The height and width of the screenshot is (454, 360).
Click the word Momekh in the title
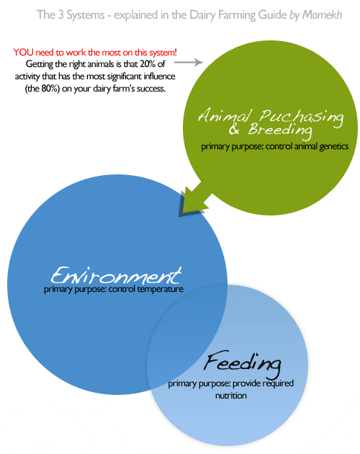(322, 14)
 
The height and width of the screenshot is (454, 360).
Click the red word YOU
(24, 52)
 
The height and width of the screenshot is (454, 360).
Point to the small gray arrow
(189, 62)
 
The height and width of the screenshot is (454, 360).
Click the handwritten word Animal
(225, 115)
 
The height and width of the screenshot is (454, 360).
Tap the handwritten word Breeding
(280, 130)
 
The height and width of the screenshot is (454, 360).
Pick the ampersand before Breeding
(234, 130)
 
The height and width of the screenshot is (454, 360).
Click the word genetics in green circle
(333, 146)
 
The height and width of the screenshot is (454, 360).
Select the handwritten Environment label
(116, 275)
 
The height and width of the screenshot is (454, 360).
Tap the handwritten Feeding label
(242, 363)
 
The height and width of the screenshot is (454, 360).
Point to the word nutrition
(231, 396)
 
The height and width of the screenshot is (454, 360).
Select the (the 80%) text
(42, 89)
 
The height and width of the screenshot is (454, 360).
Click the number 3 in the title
(60, 14)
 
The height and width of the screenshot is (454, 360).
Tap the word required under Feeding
(278, 383)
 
